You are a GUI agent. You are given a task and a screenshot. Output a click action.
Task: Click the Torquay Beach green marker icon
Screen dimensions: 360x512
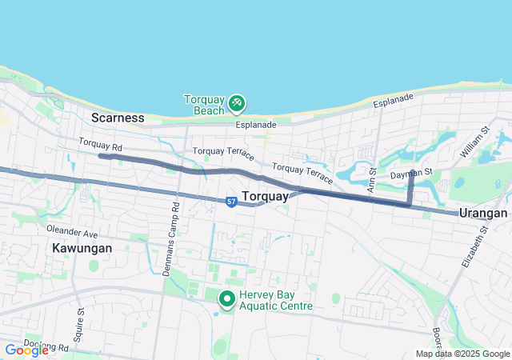click(237, 102)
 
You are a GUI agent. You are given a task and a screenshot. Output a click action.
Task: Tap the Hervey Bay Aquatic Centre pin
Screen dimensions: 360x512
click(226, 299)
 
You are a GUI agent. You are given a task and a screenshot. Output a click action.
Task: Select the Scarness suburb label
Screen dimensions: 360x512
click(118, 118)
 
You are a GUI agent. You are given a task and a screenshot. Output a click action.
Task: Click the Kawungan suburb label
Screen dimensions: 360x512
click(82, 248)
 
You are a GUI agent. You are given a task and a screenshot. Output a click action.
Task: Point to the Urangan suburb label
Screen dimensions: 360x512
click(483, 213)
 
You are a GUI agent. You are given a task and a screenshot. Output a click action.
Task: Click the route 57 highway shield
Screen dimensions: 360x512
click(231, 202)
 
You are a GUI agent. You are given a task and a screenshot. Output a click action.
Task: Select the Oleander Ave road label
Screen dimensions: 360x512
click(72, 234)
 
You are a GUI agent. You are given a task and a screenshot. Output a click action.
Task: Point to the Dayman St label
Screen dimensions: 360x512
click(411, 173)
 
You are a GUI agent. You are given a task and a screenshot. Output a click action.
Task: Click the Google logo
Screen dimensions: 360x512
click(26, 350)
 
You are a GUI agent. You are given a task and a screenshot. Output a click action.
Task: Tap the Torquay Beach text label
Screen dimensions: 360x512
click(204, 104)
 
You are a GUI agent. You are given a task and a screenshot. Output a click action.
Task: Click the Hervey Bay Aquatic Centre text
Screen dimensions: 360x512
click(272, 300)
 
